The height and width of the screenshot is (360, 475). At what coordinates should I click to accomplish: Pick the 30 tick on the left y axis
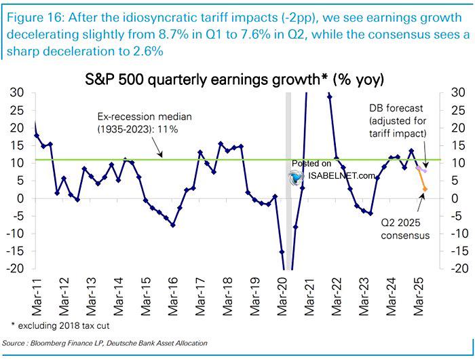(20, 92)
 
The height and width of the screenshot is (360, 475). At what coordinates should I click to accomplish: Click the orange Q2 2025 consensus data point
(424, 189)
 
